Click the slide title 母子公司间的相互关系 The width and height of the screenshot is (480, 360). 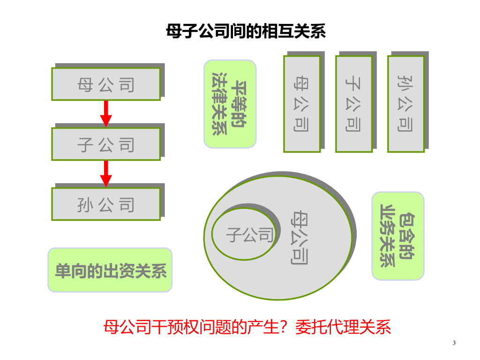point(246,31)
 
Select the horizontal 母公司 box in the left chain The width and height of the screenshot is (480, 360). point(106,84)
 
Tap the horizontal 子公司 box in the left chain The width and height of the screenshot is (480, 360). point(106,144)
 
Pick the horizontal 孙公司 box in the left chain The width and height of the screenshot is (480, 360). point(106,204)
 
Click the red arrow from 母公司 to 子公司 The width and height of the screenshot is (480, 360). point(106,114)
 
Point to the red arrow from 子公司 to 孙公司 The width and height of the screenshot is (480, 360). point(106,174)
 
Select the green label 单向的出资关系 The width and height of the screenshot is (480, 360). point(110,270)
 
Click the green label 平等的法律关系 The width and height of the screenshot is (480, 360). point(230,104)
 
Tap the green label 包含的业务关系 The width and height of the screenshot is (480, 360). point(397,236)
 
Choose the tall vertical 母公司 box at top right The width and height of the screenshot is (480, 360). point(302,104)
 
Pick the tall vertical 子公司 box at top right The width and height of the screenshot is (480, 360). point(354,104)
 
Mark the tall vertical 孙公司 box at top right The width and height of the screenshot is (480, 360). point(406,104)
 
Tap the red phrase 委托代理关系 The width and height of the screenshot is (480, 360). point(343,327)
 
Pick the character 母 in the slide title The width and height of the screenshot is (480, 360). point(172,31)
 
